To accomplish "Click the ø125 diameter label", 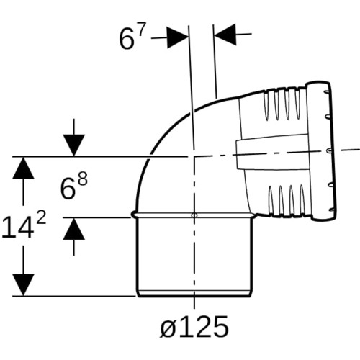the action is tap(194, 327).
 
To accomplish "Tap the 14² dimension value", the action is tap(24, 225).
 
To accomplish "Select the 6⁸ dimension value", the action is tap(73, 186).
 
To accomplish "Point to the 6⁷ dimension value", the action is tap(132, 37).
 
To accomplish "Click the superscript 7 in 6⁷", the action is tap(142, 30).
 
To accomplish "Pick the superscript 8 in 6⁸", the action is tap(83, 179).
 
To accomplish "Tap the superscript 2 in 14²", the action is tap(41, 217).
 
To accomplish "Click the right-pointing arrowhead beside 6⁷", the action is tap(178, 37).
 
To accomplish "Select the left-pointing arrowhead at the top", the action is tap(225, 35).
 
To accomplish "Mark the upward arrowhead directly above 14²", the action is tap(23, 168).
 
